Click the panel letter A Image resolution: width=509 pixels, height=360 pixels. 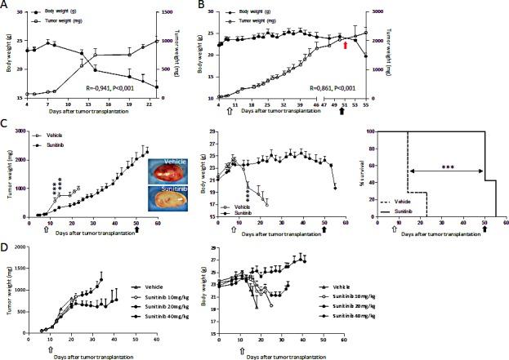5,6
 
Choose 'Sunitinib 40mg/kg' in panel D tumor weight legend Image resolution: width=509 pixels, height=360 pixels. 161,318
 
